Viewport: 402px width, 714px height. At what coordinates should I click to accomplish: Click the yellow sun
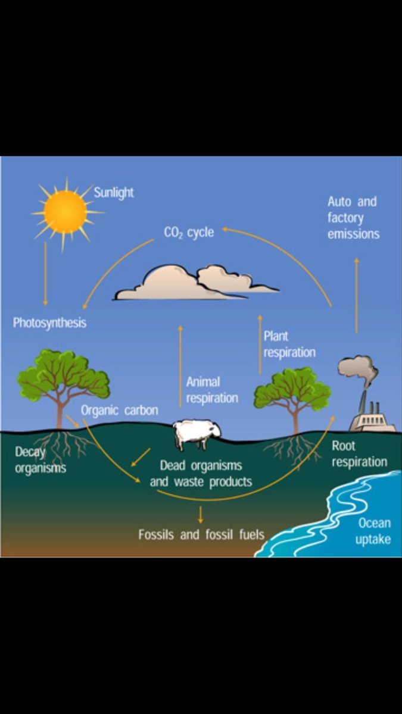pos(65,212)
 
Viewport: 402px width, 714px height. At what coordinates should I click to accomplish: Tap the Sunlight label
pos(114,193)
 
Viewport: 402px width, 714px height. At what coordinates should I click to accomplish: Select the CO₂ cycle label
pos(188,232)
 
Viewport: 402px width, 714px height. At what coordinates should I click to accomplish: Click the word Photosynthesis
pos(49,323)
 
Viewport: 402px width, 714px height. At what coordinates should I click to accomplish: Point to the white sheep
pos(197,435)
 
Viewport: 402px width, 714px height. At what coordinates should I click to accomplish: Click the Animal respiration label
pos(212,390)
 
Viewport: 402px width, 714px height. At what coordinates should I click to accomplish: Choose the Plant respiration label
pos(289,344)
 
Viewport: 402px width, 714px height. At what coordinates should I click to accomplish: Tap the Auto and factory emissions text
pos(353,218)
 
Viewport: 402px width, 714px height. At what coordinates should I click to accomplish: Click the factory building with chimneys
pos(372,419)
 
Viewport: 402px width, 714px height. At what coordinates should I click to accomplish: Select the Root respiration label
pos(359,453)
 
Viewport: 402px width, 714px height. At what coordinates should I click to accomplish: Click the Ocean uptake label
pos(373,531)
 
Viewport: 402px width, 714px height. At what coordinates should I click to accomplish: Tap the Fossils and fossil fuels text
pos(201,534)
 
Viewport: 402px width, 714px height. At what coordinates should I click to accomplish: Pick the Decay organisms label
pos(40,460)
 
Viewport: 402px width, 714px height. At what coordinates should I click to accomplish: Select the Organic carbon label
pos(119,411)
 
